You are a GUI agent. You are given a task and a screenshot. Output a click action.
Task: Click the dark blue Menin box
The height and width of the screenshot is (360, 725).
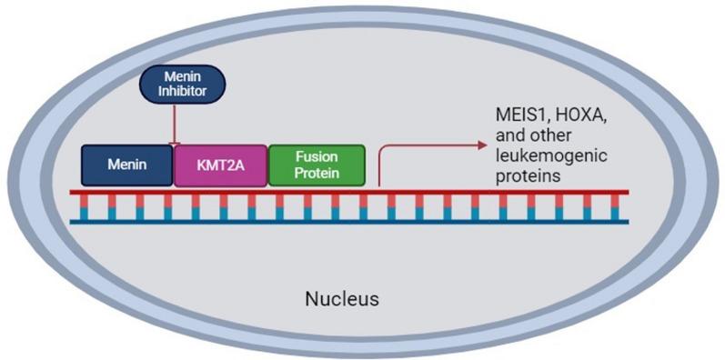click(127, 165)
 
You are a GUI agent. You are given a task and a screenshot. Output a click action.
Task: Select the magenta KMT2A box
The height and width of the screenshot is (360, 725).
click(221, 165)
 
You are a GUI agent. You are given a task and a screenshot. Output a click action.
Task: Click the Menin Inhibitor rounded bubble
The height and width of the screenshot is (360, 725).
click(180, 85)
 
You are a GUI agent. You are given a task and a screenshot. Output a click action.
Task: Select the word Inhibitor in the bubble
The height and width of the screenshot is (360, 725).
click(180, 92)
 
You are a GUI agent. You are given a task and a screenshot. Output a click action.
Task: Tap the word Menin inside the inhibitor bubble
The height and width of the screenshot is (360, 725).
click(180, 78)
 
